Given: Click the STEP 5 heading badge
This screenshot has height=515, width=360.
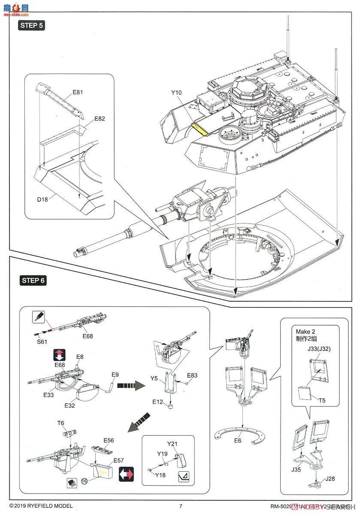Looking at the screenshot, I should tap(32, 25).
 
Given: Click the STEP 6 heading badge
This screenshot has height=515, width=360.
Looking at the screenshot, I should tap(32, 281).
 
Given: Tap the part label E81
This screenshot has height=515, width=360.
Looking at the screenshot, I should tap(78, 92).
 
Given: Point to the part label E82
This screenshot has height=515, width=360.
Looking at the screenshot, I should tap(99, 118).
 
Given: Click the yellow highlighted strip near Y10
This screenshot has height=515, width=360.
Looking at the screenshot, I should tap(199, 128).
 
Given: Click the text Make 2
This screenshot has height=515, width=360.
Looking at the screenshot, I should tap(305, 331).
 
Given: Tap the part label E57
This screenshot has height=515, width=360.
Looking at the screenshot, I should tap(119, 460).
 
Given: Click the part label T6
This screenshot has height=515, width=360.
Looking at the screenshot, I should tap(61, 423).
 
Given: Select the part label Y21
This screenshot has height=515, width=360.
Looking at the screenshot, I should tap(172, 444).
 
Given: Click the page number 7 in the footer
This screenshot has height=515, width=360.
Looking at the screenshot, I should tap(181, 506).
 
